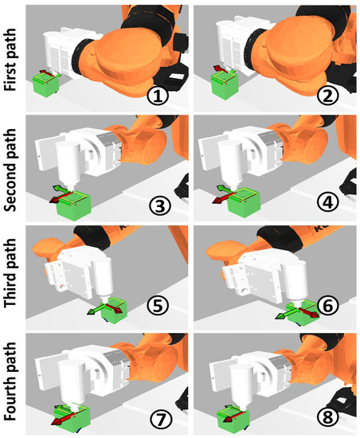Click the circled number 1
click(x=158, y=96)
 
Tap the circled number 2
click(x=327, y=96)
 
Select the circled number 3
click(x=159, y=205)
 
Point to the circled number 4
click(x=328, y=202)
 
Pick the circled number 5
click(x=158, y=306)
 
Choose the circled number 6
click(x=327, y=306)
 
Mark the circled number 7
click(x=160, y=419)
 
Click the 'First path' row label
click(x=10, y=60)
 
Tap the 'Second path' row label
click(x=10, y=170)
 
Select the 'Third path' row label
click(x=10, y=273)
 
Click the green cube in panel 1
click(x=46, y=85)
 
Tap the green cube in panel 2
click(x=225, y=85)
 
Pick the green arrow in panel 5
click(x=96, y=309)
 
